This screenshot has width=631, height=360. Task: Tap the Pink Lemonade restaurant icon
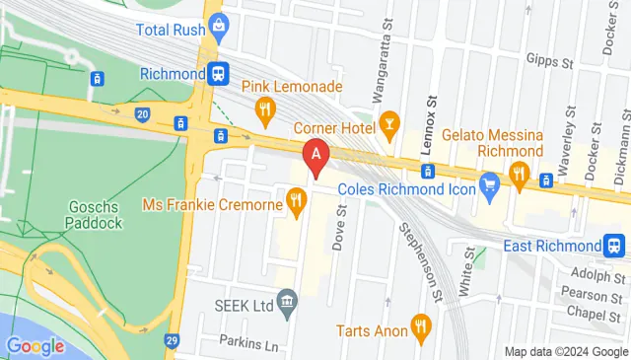click(x=263, y=108)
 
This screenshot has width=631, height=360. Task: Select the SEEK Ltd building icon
click(x=288, y=304)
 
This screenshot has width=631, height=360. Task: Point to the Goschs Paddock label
click(x=96, y=215)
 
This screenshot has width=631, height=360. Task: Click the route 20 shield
click(x=144, y=115)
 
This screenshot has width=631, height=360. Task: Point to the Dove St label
click(x=338, y=228)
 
